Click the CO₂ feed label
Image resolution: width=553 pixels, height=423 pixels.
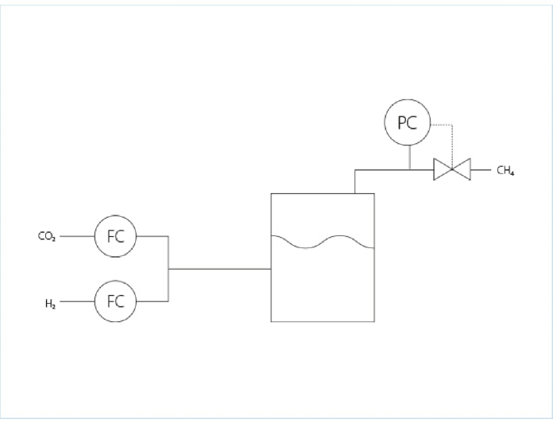point(47,236)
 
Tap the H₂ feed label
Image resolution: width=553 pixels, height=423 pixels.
point(49,302)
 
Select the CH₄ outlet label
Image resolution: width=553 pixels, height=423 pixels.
point(505,170)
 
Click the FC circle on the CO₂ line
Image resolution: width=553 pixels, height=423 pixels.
point(115,236)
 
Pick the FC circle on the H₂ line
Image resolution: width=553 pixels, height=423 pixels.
point(115,301)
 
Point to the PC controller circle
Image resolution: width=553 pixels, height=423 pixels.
point(408,124)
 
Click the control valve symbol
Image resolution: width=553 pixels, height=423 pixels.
point(452,169)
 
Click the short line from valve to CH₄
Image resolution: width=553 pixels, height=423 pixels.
point(480,169)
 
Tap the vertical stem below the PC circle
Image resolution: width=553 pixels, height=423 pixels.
point(408,157)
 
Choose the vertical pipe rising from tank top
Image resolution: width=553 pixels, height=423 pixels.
point(354,181)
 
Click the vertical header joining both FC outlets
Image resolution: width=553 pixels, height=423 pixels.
point(168,269)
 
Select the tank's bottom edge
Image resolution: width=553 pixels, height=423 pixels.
point(322,321)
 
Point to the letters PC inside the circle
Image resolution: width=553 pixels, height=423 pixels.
point(408,124)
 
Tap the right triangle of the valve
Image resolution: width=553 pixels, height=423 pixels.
point(462,169)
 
